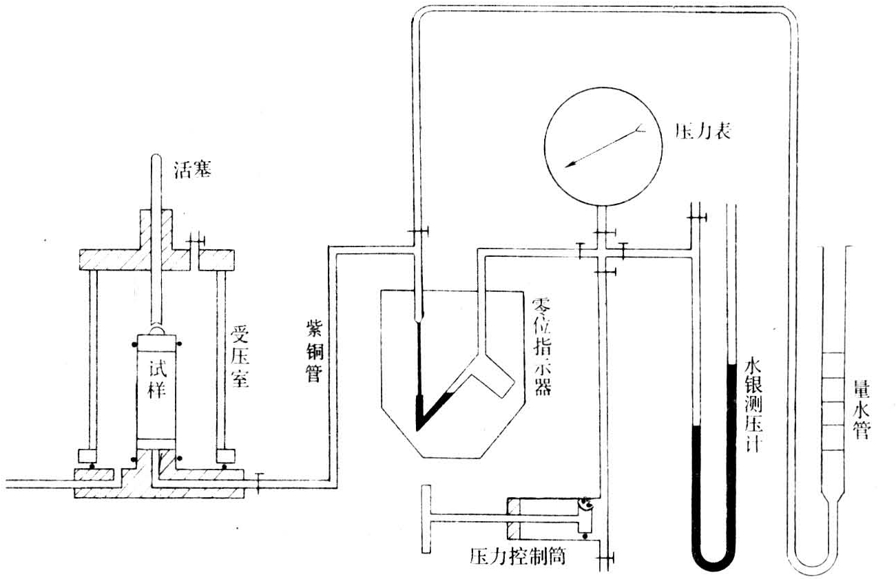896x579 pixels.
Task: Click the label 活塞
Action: (192, 169)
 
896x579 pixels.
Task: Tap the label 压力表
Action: (702, 131)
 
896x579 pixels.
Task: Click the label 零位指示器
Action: (542, 347)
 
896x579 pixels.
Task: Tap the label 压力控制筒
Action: (518, 556)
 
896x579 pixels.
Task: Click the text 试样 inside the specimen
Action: (156, 379)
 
